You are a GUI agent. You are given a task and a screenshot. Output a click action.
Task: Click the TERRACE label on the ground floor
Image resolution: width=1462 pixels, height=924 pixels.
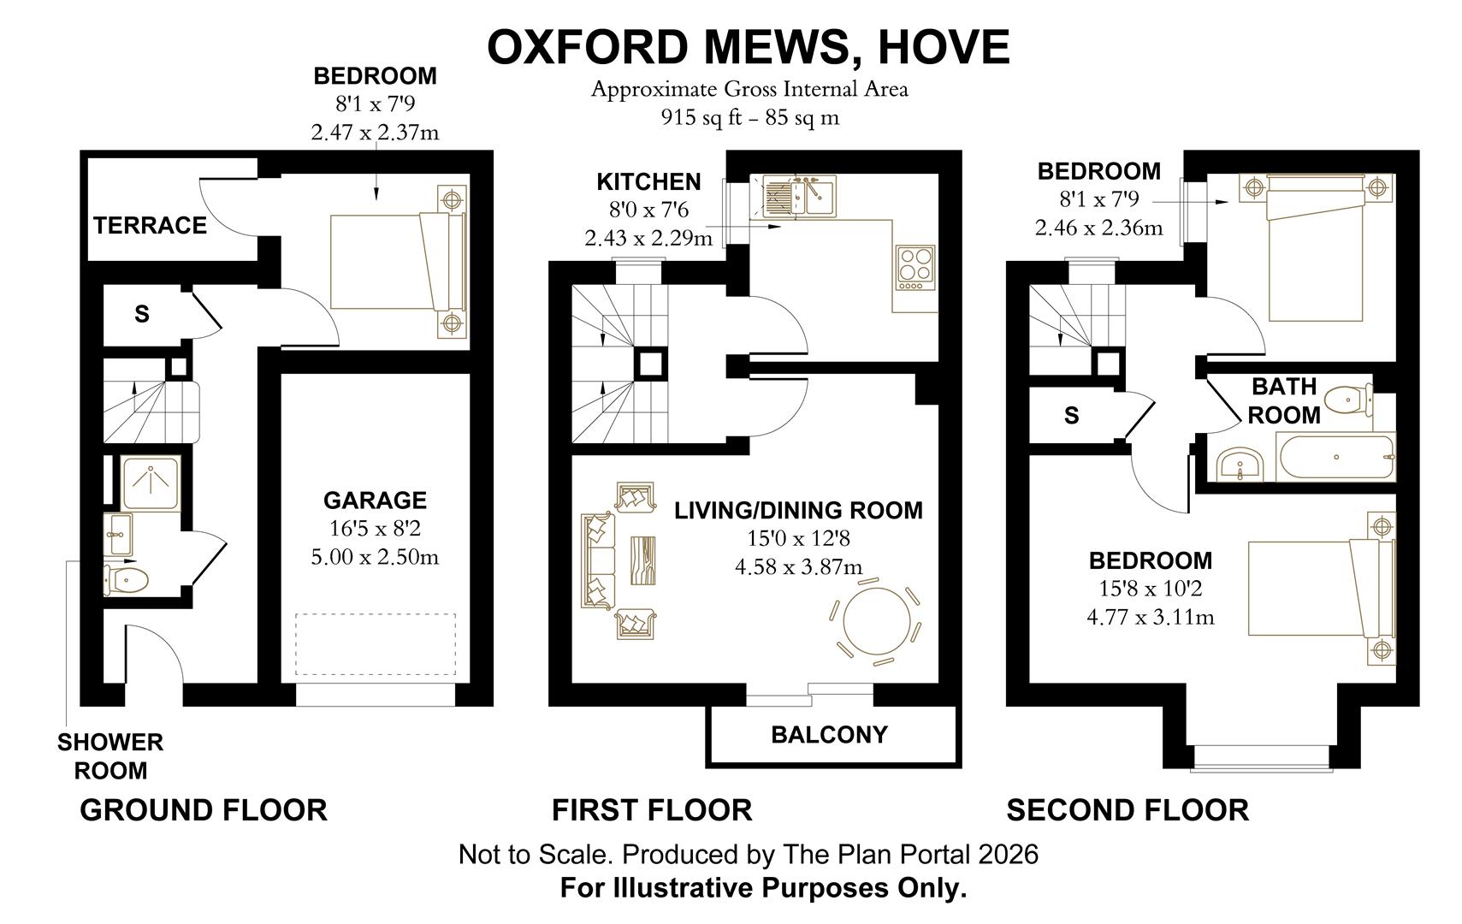tap(150, 225)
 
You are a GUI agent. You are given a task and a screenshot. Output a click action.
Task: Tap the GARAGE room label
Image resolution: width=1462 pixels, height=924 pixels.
tap(375, 500)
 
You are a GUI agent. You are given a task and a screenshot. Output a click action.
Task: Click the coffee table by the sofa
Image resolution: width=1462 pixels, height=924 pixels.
tap(644, 560)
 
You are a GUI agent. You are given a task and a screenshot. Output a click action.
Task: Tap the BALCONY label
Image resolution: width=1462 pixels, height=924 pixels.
tap(829, 735)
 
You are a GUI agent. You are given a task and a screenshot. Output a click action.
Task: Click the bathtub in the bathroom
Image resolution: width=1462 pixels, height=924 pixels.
tap(1335, 457)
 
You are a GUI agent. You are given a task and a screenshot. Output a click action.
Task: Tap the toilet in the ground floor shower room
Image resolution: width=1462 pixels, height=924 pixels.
tap(127, 580)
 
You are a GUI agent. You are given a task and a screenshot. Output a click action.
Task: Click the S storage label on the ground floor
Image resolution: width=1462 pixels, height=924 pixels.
tap(142, 314)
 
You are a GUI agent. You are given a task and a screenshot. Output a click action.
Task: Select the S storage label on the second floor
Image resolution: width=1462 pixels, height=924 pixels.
tap(1071, 416)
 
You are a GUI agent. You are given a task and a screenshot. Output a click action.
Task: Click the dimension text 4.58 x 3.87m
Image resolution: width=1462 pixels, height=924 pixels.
tap(798, 566)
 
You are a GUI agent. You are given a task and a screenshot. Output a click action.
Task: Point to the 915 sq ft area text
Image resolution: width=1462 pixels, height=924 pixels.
tap(696, 118)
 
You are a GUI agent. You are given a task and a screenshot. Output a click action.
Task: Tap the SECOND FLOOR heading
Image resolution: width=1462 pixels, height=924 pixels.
tap(1127, 809)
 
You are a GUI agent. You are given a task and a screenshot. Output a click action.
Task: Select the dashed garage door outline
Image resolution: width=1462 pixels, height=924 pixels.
tap(376, 645)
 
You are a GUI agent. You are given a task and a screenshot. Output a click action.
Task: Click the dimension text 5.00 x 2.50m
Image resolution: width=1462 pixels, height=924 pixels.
tap(375, 557)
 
